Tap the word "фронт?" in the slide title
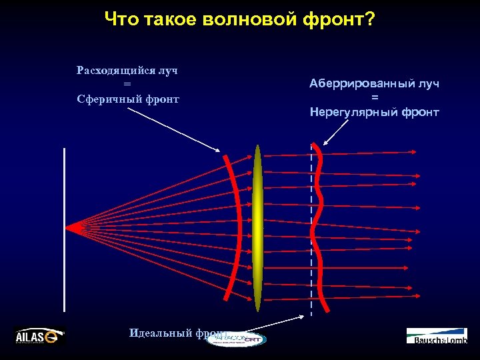point(341,21)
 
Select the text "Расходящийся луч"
point(127,70)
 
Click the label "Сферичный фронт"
point(127,99)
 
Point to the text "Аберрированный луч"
point(374,84)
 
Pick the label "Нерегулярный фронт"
point(374,112)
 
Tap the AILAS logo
point(40,336)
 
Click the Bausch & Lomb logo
point(437,336)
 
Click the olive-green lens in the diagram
point(257,227)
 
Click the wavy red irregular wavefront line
point(319,227)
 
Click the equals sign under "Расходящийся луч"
point(127,85)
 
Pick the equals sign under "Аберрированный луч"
point(374,98)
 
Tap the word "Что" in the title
point(121,20)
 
